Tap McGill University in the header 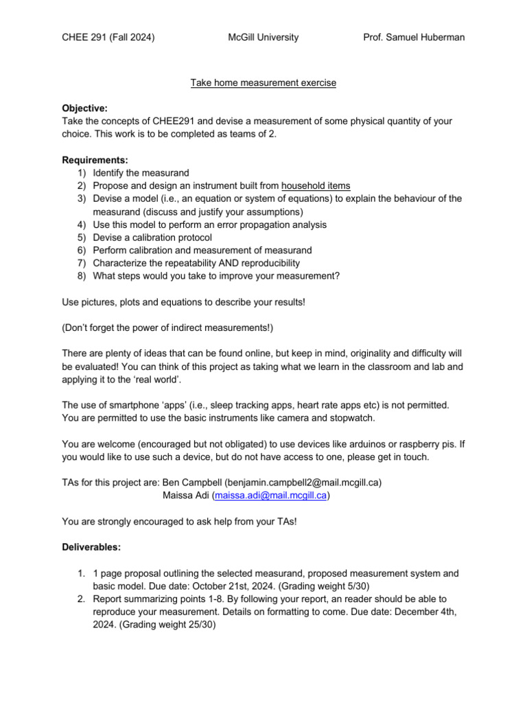click(x=263, y=37)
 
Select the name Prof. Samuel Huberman click(x=413, y=37)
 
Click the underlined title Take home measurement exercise click(x=263, y=84)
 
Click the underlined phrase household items click(x=316, y=185)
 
